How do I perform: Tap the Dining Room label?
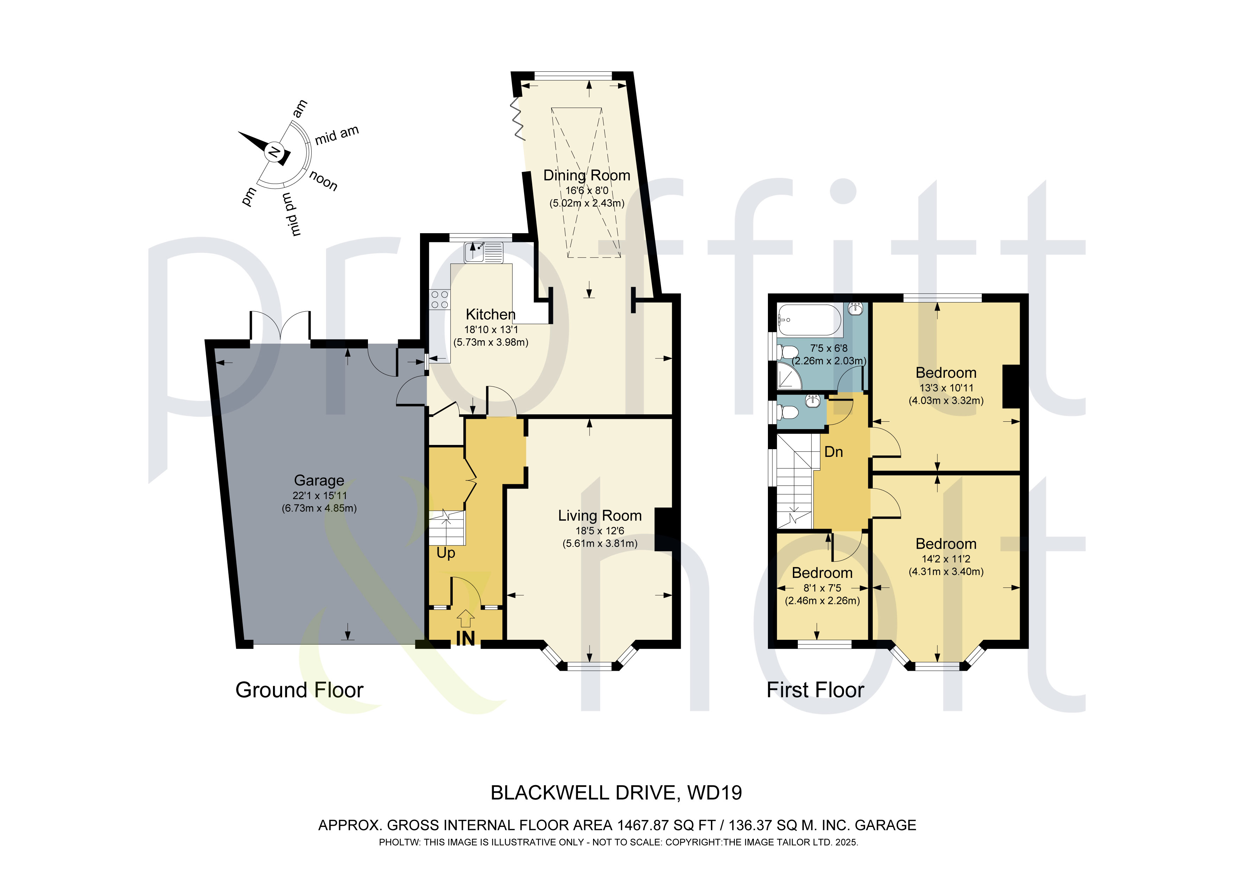586,175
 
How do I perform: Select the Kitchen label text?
490,314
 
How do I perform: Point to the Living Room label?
600,516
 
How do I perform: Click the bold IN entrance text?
465,638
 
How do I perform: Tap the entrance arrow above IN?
465,618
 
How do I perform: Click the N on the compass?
274,152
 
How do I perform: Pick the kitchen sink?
484,252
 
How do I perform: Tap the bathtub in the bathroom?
809,320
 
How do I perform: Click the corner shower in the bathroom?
789,375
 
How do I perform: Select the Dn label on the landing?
834,452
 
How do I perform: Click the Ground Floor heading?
299,690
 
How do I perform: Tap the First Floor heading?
815,690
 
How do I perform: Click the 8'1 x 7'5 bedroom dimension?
822,588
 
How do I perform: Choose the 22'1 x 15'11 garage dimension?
319,496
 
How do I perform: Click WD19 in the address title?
715,793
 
